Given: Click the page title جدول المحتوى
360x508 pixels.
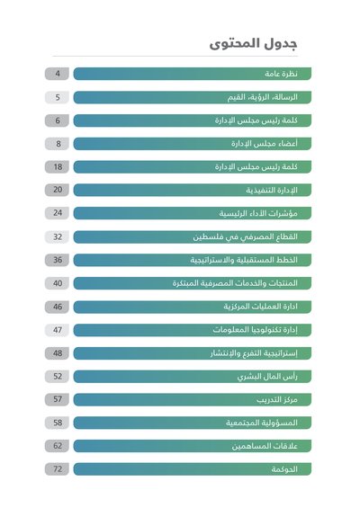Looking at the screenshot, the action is (x=253, y=43).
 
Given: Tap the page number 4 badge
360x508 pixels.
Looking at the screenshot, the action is (x=57, y=74).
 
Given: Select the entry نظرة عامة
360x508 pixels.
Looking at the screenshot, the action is (x=281, y=74).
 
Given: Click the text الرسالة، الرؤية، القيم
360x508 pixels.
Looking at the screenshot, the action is (x=263, y=97).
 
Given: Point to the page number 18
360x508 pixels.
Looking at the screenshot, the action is (x=57, y=167).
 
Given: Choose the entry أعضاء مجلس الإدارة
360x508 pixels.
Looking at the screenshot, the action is (x=265, y=144).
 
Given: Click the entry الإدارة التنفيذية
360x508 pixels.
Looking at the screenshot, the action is (x=272, y=191).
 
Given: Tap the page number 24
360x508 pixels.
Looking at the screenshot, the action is (x=57, y=213).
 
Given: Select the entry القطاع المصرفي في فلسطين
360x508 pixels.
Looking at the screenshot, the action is (x=245, y=236).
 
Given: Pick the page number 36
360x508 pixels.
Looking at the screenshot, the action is (x=57, y=260).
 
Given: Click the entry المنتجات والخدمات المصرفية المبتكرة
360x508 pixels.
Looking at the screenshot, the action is (x=235, y=283).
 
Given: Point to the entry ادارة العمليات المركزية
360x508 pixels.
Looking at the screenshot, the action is (x=260, y=307).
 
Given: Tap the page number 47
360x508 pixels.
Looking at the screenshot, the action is (x=57, y=330).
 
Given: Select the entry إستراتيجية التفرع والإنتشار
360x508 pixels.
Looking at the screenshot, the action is (x=254, y=353).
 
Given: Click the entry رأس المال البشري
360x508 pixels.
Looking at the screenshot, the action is (x=267, y=377).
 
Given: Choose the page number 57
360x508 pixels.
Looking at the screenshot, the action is (x=57, y=399).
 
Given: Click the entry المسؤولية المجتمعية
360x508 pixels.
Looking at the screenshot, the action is (x=262, y=423).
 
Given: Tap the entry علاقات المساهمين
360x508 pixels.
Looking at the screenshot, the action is (x=265, y=446).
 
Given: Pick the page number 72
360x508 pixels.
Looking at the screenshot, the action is (x=57, y=469).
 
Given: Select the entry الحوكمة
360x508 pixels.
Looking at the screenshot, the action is (x=284, y=469).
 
